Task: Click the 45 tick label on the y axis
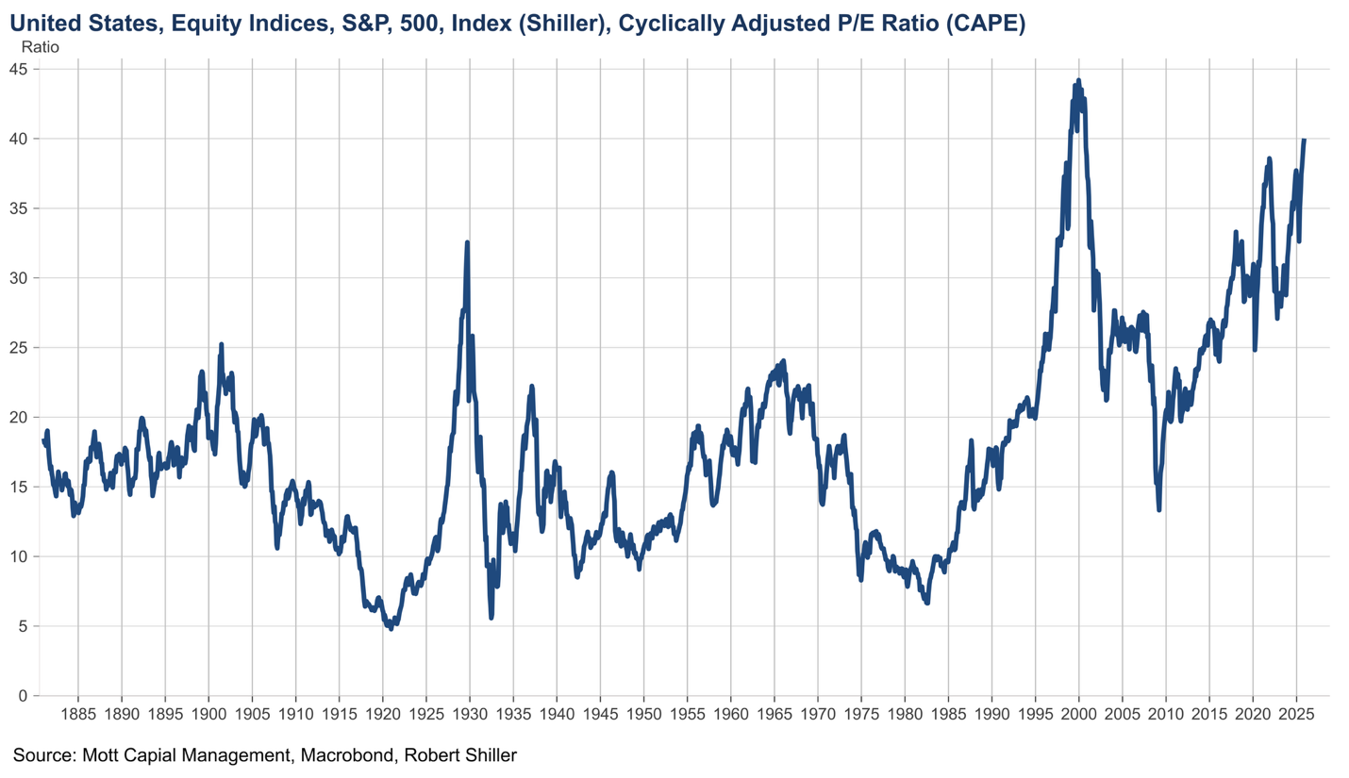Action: tap(18, 69)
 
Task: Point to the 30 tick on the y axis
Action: tap(18, 278)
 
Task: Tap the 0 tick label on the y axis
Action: tap(23, 696)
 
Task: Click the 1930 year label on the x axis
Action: tap(470, 713)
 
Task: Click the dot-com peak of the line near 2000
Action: tap(1078, 81)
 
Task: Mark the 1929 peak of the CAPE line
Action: tap(467, 243)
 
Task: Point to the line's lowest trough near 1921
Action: tap(391, 628)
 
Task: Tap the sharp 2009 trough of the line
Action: tap(1158, 509)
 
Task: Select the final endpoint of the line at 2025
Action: tap(1304, 140)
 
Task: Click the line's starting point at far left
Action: tap(43, 439)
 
